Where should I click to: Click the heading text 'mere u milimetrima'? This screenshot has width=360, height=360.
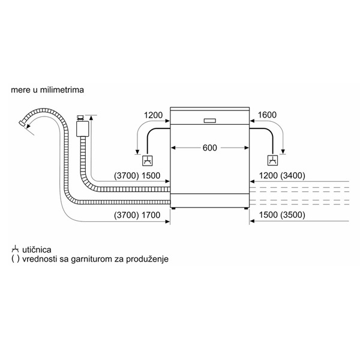(47, 89)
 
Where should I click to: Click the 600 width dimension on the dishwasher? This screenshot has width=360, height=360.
(209, 148)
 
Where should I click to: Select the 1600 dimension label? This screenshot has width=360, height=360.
(267, 115)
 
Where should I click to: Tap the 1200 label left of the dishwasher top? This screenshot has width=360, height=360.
(153, 115)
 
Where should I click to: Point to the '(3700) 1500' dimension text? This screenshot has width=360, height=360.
(137, 176)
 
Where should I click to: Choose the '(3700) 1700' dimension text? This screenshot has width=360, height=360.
(137, 215)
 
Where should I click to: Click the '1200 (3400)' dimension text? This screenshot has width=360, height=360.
(282, 176)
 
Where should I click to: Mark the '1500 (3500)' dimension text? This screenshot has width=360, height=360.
(282, 215)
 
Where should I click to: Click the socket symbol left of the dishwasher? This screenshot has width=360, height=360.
(148, 160)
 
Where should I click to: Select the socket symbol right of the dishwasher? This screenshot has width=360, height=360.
(273, 160)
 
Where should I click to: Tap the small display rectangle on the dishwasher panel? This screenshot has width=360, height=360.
(210, 121)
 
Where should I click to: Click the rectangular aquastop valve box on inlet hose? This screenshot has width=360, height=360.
(82, 128)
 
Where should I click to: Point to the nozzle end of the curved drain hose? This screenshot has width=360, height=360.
(22, 123)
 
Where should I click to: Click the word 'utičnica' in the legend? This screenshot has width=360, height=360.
(37, 250)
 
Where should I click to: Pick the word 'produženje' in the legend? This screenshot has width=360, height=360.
(147, 259)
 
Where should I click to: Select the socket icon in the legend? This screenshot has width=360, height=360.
(15, 250)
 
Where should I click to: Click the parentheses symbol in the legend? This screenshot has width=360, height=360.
(16, 259)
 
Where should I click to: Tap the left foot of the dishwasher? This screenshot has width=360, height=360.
(173, 208)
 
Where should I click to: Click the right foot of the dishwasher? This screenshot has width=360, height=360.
(245, 208)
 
